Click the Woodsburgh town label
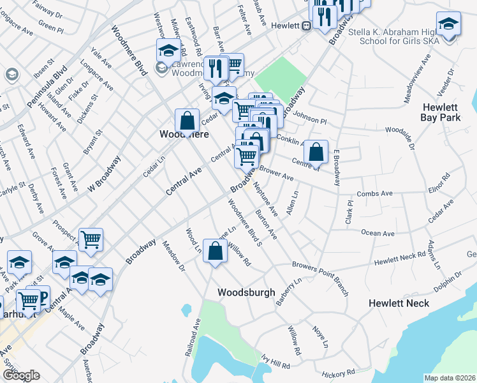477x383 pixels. [246, 292]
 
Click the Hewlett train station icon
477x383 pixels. [306, 26]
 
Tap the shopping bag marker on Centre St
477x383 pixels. [315, 151]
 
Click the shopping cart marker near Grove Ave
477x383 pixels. [91, 239]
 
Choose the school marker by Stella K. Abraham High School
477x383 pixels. [449, 24]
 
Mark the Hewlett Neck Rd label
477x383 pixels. [399, 259]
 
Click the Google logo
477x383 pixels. [21, 375]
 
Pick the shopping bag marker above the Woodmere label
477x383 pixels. [187, 119]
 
